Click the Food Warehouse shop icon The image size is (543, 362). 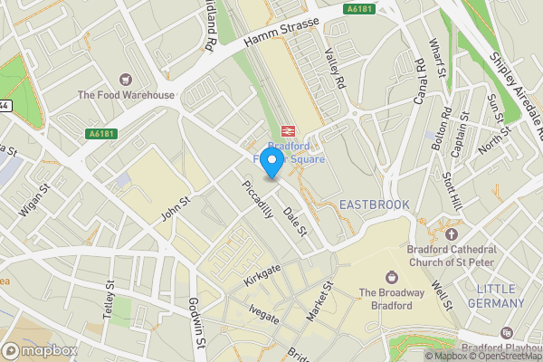(125, 79)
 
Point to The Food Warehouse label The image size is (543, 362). (125, 95)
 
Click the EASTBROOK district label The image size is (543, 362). (374, 205)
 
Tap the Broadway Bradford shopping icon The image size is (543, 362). (392, 276)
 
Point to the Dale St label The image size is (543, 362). (292, 220)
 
